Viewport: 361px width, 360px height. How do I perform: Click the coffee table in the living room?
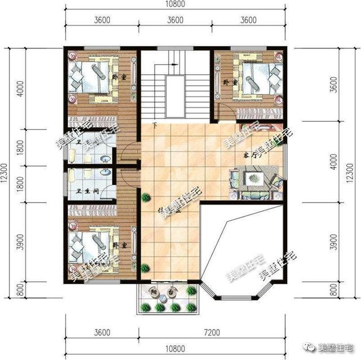pyautogui.click(x=252, y=179)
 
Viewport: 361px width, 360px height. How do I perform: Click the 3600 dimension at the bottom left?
pyautogui.click(x=102, y=332)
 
